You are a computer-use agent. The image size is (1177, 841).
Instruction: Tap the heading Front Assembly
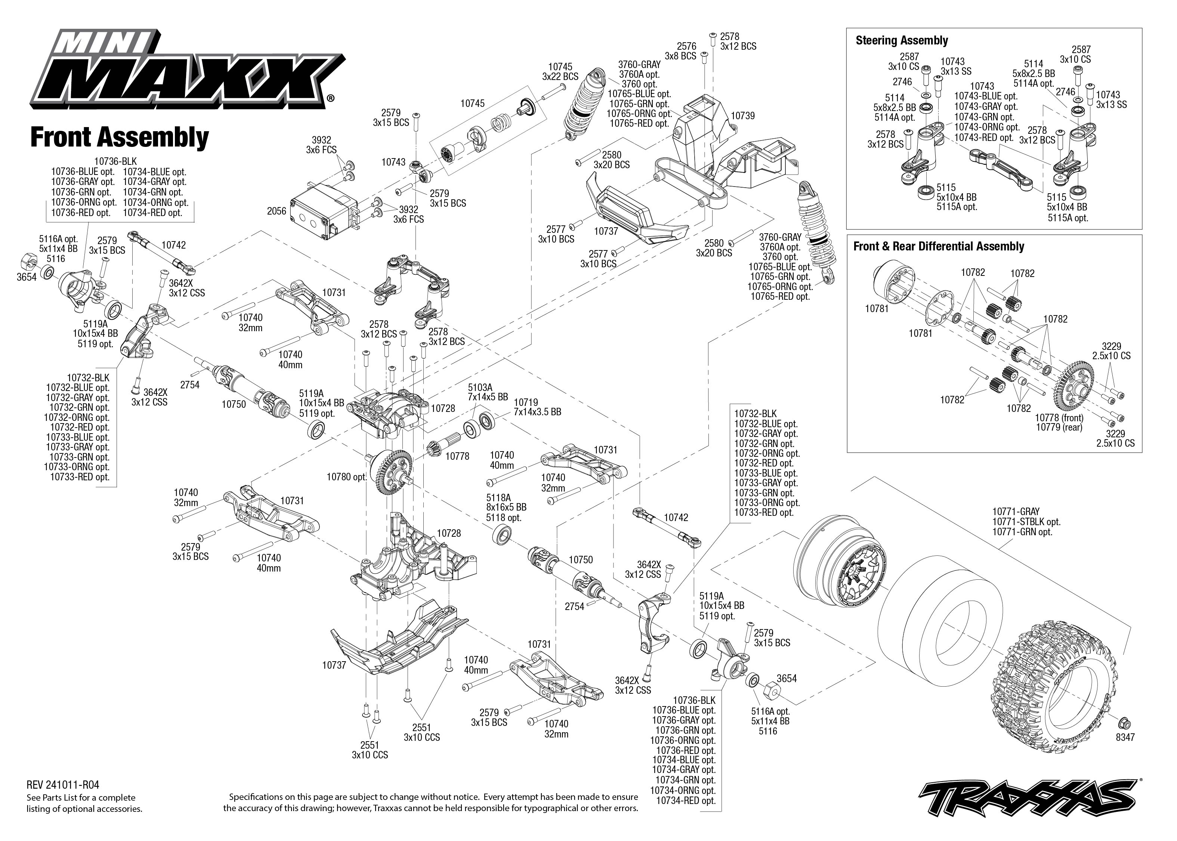119,138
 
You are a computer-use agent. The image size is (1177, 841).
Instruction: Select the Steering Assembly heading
902,40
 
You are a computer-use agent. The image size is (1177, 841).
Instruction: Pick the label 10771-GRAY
1016,512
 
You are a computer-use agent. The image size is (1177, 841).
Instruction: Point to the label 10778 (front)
1059,418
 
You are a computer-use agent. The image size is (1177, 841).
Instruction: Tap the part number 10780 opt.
346,477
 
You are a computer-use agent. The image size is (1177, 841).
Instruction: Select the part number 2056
277,211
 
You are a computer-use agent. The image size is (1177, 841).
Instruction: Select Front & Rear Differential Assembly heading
938,246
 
